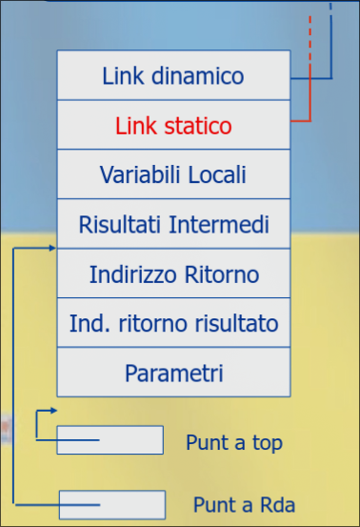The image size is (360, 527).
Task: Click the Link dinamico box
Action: [x=173, y=75]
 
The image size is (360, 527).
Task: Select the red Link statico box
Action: [x=173, y=125]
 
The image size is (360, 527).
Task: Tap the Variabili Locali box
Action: [x=173, y=174]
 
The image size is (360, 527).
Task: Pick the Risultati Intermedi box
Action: [x=173, y=225]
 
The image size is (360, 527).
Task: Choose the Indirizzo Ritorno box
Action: [x=173, y=274]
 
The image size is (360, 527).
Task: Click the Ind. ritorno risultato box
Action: [x=173, y=324]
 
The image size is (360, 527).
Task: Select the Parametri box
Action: [x=173, y=373]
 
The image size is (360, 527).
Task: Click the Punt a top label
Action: [x=234, y=443]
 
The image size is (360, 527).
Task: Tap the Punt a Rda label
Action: [x=238, y=504]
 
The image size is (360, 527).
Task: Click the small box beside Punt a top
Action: [x=110, y=439]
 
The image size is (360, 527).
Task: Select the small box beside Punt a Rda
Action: [x=111, y=504]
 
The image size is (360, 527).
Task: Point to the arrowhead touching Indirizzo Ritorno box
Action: [x=52, y=248]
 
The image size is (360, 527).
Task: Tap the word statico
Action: [x=195, y=125]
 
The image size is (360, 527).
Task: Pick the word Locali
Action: [x=214, y=174]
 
